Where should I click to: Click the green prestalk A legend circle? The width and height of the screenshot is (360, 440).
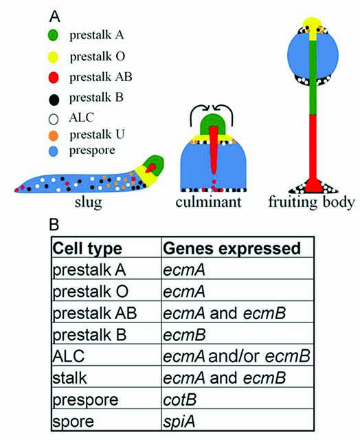(53, 35)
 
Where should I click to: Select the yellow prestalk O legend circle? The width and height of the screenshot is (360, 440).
(53, 57)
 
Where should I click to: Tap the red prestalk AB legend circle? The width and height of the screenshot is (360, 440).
(54, 78)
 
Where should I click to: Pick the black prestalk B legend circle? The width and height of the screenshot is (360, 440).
(54, 100)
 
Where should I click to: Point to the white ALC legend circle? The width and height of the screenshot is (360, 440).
(54, 119)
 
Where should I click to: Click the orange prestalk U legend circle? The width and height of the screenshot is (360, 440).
(54, 136)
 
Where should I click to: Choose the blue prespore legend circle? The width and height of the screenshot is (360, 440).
(54, 151)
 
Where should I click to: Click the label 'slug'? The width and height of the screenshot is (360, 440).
(88, 203)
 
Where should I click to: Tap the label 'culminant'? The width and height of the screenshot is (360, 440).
(208, 201)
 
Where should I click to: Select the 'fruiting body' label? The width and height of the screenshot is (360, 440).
(311, 202)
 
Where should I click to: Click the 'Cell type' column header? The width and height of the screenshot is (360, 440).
(87, 249)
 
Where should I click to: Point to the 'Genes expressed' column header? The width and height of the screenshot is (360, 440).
(232, 248)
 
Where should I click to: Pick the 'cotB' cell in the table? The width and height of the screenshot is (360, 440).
(180, 400)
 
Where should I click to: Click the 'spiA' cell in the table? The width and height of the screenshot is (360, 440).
(179, 421)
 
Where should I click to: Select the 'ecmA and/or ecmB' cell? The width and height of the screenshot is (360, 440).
(236, 356)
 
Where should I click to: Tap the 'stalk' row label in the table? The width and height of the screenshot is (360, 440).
(69, 378)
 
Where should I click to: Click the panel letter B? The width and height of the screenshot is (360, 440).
(54, 225)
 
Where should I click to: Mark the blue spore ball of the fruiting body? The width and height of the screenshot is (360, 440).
(313, 56)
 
